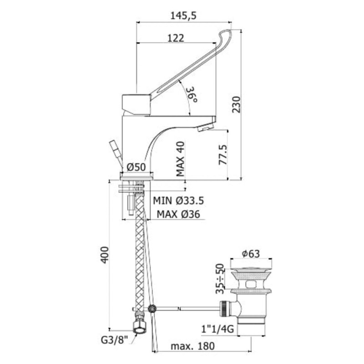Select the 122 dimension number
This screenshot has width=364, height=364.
pos(175,38)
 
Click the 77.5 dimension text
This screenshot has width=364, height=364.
pos(222,155)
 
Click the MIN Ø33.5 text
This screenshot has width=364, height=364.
pos(178,200)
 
